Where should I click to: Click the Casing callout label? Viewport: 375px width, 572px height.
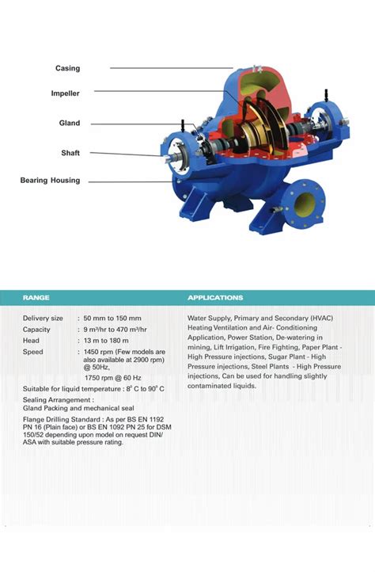click(x=67, y=69)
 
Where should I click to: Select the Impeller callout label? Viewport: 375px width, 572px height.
click(x=65, y=93)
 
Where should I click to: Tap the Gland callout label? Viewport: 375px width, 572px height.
click(x=70, y=124)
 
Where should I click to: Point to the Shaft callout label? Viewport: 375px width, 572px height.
click(x=70, y=153)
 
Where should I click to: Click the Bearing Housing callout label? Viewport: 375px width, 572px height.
click(x=50, y=181)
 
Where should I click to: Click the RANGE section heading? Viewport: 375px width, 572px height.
click(x=36, y=298)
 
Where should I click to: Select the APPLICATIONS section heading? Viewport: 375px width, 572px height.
click(x=215, y=298)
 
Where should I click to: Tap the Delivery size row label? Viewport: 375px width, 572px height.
click(x=43, y=318)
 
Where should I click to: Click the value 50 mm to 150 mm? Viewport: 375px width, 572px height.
click(x=112, y=318)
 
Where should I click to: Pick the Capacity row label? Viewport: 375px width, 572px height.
click(x=36, y=329)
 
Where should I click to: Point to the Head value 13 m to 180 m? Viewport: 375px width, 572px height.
click(x=110, y=340)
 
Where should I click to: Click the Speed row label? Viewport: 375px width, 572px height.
click(x=33, y=351)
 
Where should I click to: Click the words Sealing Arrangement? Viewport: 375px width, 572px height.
click(x=55, y=401)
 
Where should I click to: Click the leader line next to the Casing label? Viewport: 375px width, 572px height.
click(x=170, y=68)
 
